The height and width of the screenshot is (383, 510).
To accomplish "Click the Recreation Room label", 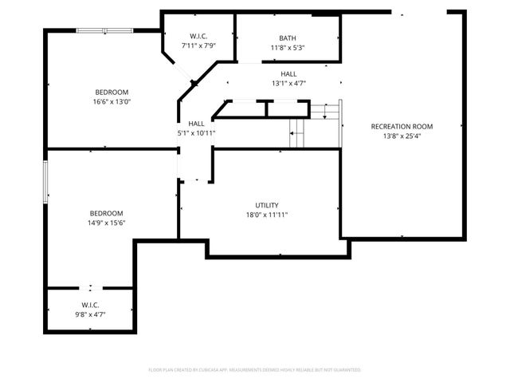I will (401, 126).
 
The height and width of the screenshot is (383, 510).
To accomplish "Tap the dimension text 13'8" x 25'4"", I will (401, 136).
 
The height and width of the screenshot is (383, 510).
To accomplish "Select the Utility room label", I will (267, 205).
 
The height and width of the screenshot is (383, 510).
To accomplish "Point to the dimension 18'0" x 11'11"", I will (267, 215).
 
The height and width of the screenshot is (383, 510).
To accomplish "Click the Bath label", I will (288, 38).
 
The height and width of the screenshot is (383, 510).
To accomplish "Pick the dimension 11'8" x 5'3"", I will (288, 48).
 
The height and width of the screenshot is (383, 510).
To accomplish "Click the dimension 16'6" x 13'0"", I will (110, 102).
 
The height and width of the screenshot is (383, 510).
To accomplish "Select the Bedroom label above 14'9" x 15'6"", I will (106, 213).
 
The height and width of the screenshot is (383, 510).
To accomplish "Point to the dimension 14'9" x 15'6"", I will (106, 223).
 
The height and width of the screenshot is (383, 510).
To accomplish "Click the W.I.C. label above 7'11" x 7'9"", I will (199, 37).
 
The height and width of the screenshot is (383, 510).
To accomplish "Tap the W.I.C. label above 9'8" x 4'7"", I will (90, 305).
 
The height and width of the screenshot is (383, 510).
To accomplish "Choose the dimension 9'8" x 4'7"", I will (90, 314).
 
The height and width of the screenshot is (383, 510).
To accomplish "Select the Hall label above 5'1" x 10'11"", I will (196, 123).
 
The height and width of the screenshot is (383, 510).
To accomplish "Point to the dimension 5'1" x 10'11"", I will (196, 132).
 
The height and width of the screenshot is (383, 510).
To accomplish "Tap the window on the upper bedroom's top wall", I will (104, 30).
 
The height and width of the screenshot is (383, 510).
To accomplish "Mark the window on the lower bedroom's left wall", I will (45, 184).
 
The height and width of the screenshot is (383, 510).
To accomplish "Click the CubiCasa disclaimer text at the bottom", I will (255, 370).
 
